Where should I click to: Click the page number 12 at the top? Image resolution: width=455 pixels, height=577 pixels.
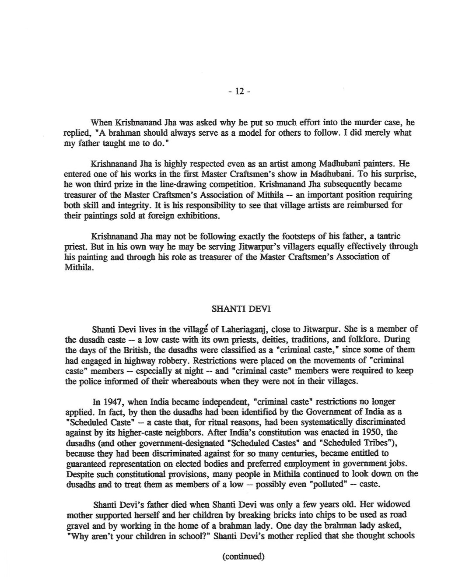[x=239, y=91]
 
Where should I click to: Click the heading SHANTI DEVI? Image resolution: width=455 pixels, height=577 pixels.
[x=241, y=308]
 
